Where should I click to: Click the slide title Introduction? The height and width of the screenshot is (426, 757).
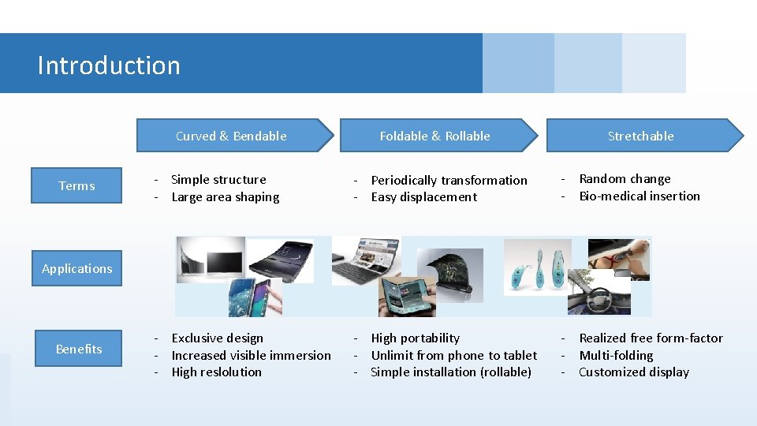pos(109,65)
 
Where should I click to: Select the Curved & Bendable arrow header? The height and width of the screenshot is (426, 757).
pos(232,136)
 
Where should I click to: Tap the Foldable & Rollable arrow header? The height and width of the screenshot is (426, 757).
pos(435,136)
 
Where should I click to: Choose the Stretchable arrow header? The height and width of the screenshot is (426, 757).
pos(641,136)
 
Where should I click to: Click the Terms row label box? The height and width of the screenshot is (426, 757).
pos(77,186)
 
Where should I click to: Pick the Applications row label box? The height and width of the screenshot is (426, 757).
pos(77,268)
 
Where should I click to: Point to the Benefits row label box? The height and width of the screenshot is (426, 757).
pos(79,349)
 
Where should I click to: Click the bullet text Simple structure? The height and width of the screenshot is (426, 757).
pos(218,180)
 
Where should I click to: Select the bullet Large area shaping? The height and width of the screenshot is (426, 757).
pos(225,197)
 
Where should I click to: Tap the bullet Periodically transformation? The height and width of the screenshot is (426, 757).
pos(449,181)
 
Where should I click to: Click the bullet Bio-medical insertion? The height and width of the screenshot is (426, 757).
pos(640,196)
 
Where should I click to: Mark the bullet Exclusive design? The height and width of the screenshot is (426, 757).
pos(217,338)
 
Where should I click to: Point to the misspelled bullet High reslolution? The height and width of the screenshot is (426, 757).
pos(216,372)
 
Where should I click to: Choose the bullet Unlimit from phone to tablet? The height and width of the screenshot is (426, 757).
pos(453,356)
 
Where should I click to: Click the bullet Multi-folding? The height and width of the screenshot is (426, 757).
pos(616,356)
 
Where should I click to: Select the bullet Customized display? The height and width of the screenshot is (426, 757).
pos(634,372)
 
